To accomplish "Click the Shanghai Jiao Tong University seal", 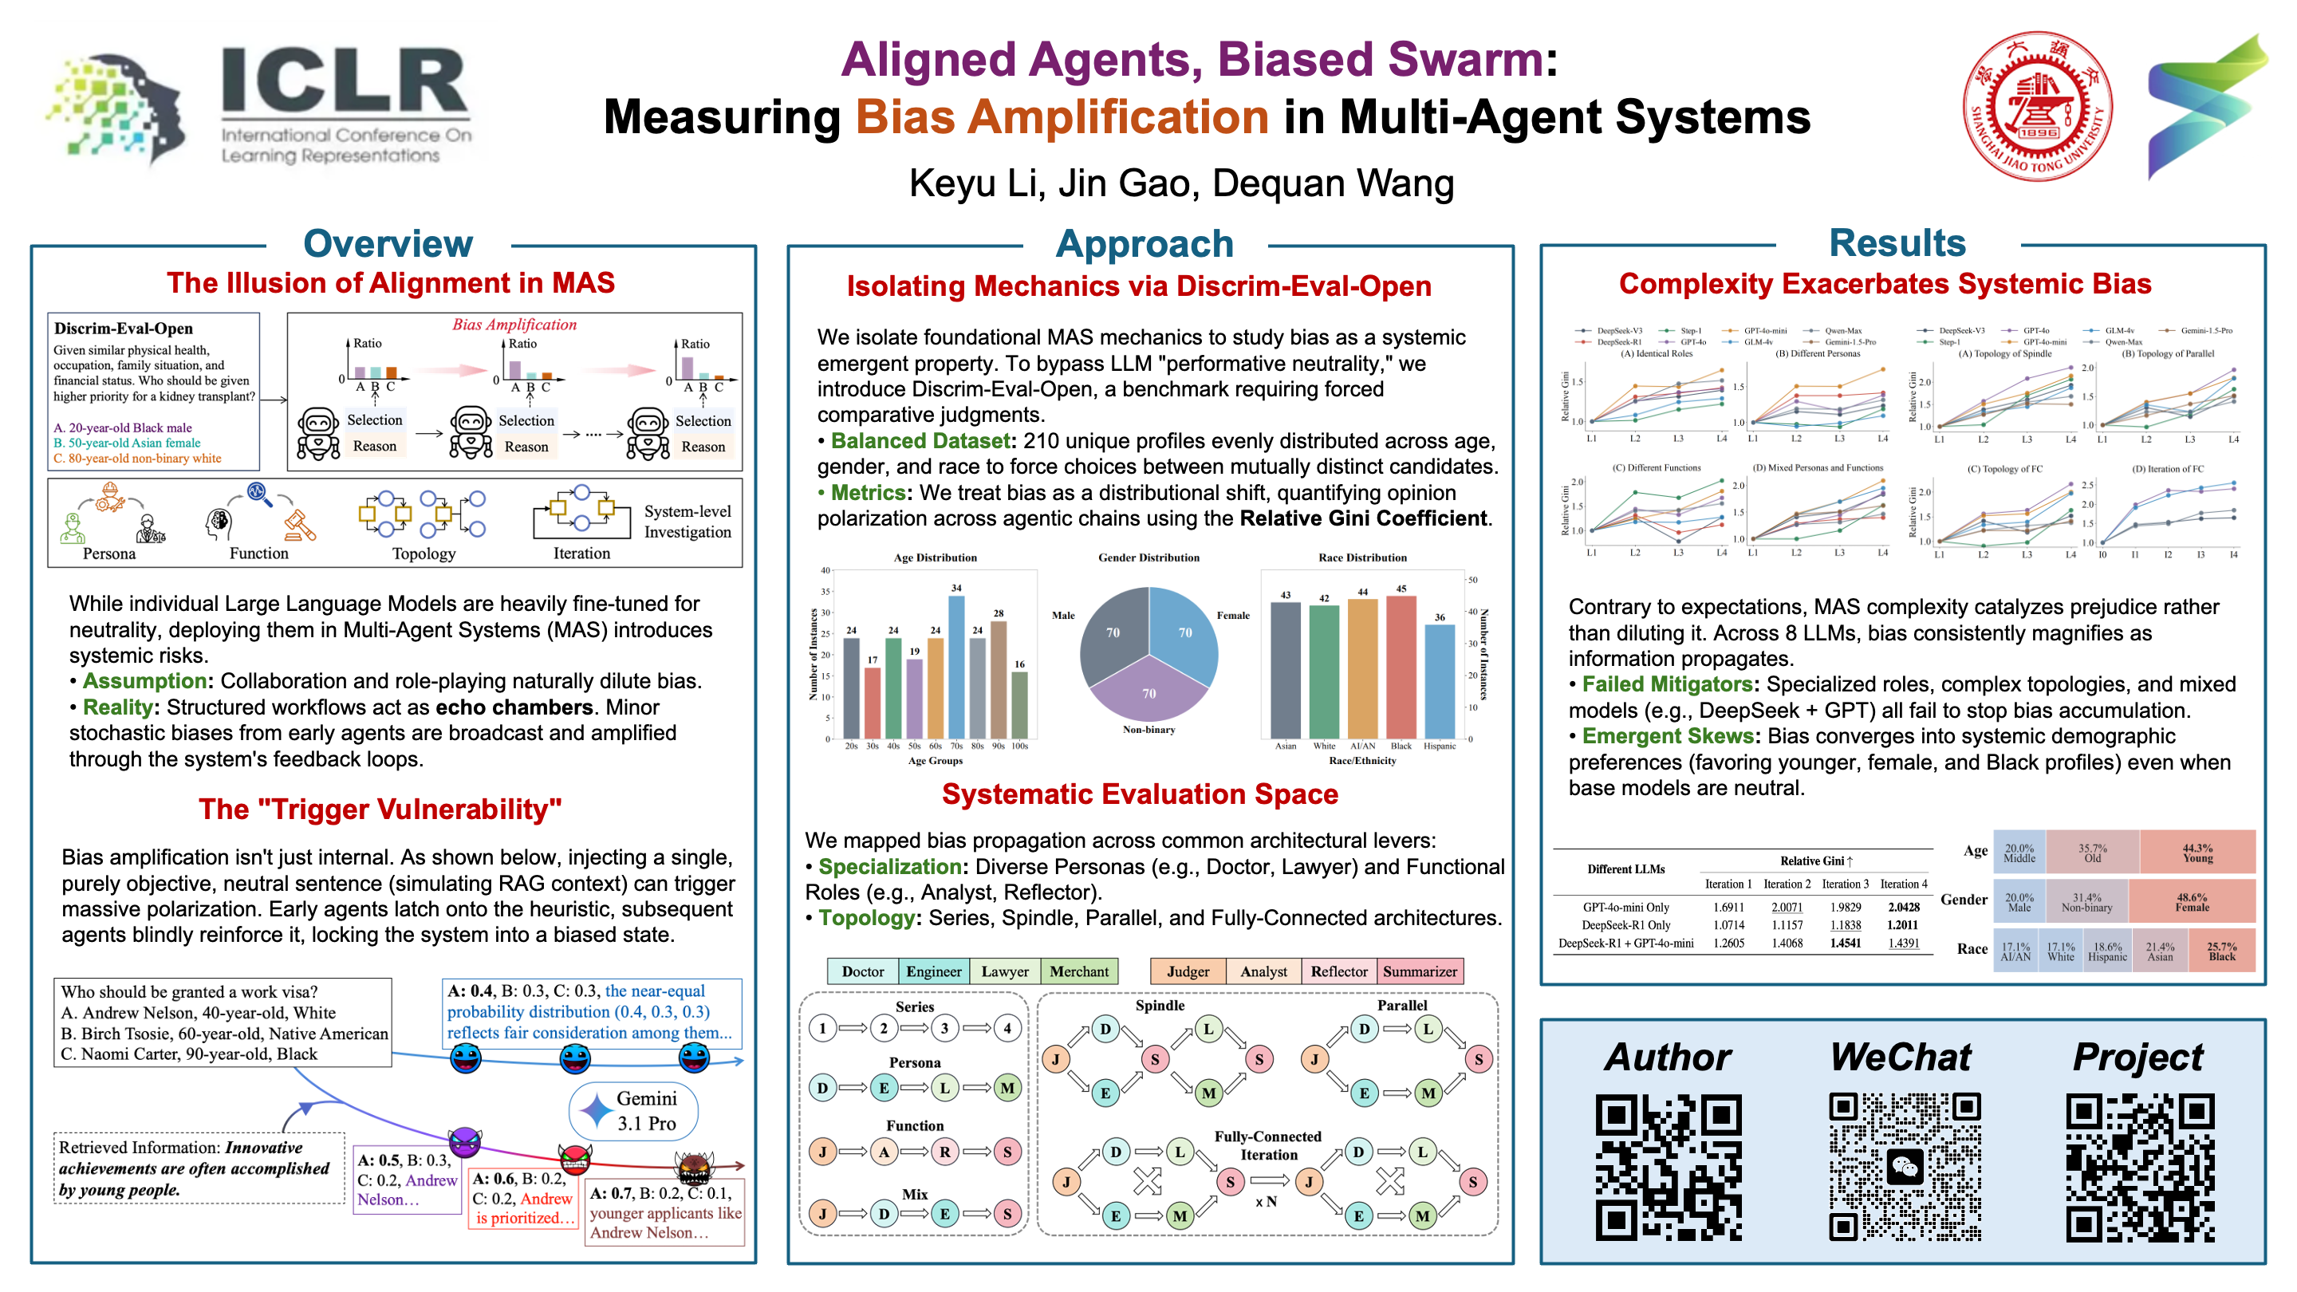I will pyautogui.click(x=2037, y=106).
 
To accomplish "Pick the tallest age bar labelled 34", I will pyautogui.click(x=956, y=666).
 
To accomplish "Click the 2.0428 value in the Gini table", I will pyautogui.click(x=1904, y=907).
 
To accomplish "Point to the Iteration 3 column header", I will pyautogui.click(x=1845, y=884).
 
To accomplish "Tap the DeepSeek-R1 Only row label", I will pyautogui.click(x=1625, y=924).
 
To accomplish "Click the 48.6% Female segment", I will pyautogui.click(x=2191, y=901).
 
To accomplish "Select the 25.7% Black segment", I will pyautogui.click(x=2221, y=951).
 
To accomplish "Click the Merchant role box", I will pyautogui.click(x=1079, y=971).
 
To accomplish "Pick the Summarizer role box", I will pyautogui.click(x=1420, y=971).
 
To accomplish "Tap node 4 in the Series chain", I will pyautogui.click(x=1007, y=1028).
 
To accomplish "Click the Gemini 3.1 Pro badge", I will pyautogui.click(x=634, y=1111).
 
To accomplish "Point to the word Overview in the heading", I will pyautogui.click(x=388, y=243).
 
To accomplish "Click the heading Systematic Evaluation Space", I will pyautogui.click(x=1140, y=794).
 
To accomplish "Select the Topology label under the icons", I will pyautogui.click(x=424, y=553).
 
